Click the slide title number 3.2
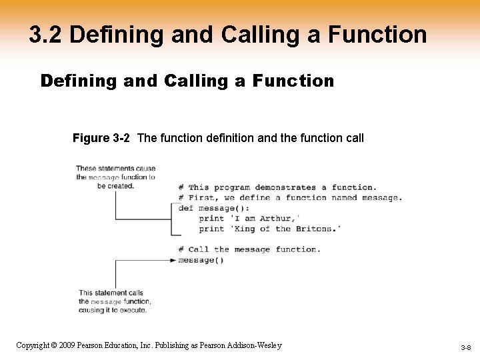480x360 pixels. click(45, 35)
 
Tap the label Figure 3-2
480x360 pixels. click(101, 139)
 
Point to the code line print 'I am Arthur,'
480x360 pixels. click(249, 218)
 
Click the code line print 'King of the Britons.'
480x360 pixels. click(270, 229)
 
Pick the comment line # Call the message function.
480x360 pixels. click(249, 249)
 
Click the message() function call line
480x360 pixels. click(201, 260)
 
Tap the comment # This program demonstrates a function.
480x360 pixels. click(277, 187)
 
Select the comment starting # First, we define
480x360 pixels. click(290, 197)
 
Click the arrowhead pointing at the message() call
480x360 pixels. click(174, 260)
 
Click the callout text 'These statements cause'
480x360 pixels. click(115, 169)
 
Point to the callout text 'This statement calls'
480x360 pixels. click(111, 293)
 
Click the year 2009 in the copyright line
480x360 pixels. click(65, 345)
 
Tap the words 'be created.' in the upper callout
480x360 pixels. click(116, 186)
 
